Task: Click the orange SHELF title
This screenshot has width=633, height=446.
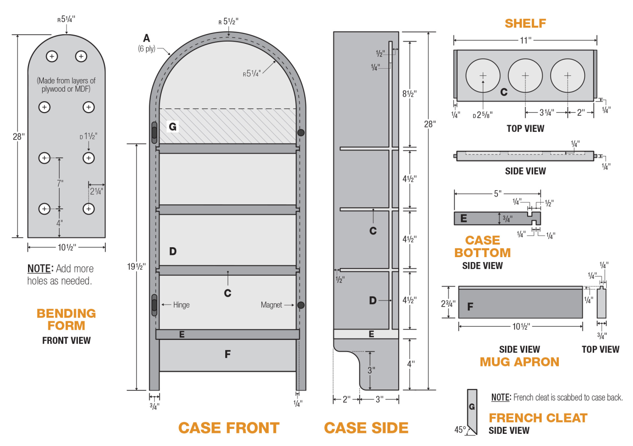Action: (x=525, y=23)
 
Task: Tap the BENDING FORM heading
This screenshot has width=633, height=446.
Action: (x=66, y=319)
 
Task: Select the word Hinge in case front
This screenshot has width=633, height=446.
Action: (x=181, y=305)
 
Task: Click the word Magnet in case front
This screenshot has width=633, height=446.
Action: (x=271, y=305)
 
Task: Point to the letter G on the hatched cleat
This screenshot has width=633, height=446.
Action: (x=173, y=127)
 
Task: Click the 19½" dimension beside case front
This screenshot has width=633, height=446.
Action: (x=136, y=267)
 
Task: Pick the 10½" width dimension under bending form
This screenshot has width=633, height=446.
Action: (x=66, y=247)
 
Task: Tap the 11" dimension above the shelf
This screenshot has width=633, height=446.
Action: (x=525, y=41)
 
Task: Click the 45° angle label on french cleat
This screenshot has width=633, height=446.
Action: (x=460, y=430)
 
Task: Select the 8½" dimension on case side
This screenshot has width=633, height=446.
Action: (x=409, y=94)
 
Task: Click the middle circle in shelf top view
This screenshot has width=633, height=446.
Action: (x=525, y=75)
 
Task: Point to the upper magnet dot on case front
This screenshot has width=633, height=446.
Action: (x=301, y=132)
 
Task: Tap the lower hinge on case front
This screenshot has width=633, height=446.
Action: (x=154, y=305)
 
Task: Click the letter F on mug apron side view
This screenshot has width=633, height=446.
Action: (x=470, y=307)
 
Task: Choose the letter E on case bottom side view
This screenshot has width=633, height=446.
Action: (x=463, y=218)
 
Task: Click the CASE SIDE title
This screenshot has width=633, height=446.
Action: (x=366, y=427)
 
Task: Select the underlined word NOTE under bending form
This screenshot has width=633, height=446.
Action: (x=40, y=269)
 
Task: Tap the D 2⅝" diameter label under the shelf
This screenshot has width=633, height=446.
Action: (x=482, y=115)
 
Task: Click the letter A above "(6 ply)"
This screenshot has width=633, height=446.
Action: (x=146, y=38)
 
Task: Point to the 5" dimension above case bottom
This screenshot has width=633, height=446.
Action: (x=497, y=194)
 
